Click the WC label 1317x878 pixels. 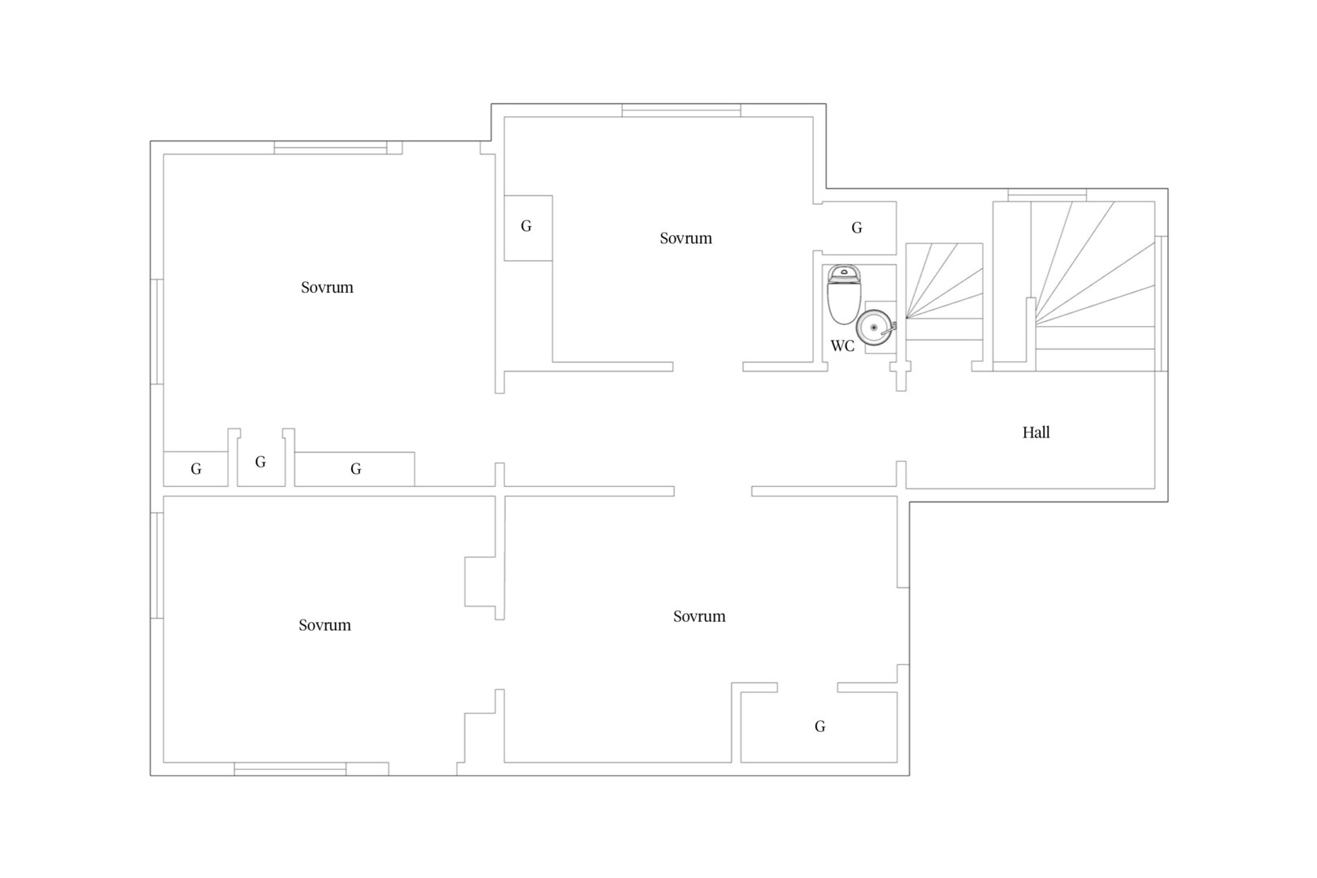tap(842, 346)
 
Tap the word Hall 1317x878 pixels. tap(1036, 432)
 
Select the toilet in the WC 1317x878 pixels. tap(845, 294)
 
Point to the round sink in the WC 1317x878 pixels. tap(875, 328)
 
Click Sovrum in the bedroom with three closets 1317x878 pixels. tap(327, 287)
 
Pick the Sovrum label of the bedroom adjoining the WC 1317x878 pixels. tap(685, 238)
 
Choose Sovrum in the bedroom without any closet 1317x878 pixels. tap(324, 624)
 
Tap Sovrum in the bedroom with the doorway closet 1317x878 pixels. tap(699, 615)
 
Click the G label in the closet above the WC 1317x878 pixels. tap(857, 228)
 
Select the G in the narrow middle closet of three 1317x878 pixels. tap(260, 462)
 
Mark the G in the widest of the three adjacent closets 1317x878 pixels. tap(356, 469)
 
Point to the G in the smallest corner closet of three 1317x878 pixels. tap(197, 469)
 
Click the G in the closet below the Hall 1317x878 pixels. tap(819, 726)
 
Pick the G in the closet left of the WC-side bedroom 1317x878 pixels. tap(526, 226)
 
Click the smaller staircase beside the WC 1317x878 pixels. tap(944, 291)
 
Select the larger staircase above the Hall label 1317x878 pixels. tap(1093, 286)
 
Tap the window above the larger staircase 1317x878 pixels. tap(1047, 194)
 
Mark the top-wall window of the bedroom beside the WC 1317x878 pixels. tap(681, 110)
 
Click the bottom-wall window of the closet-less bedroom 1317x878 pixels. tap(290, 768)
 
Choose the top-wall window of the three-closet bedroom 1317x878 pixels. tap(330, 148)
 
